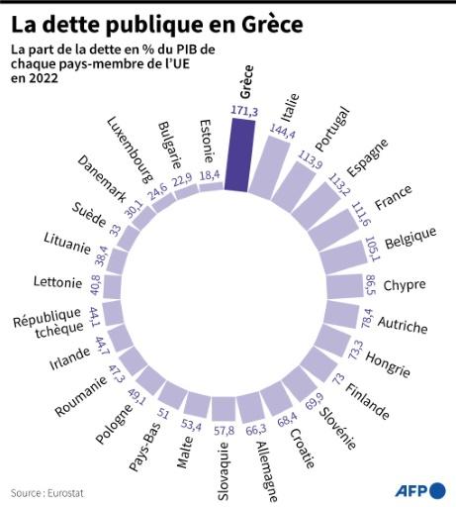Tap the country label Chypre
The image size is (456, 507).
click(x=404, y=285)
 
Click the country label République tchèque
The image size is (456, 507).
click(x=46, y=326)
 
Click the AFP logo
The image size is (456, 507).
click(x=419, y=489)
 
